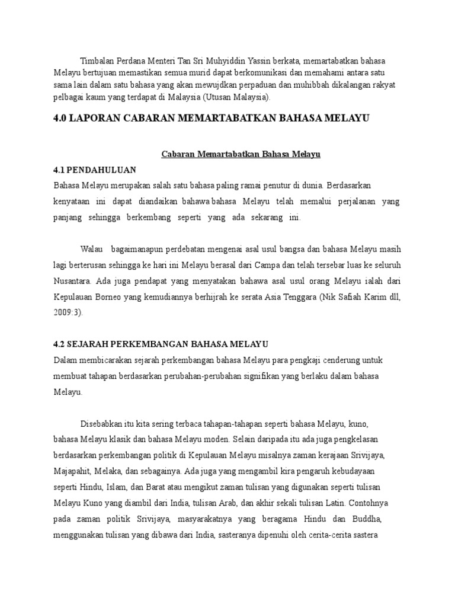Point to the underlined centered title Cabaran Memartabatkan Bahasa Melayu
tap(241, 154)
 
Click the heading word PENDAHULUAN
tap(102, 170)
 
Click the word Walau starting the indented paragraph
tap(92, 248)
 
